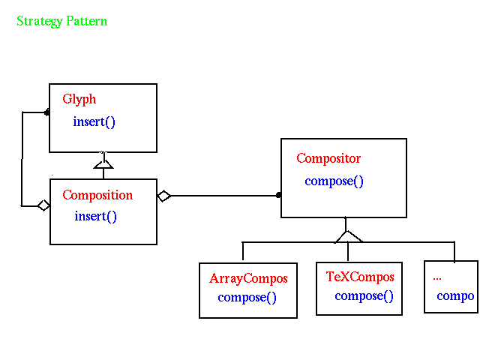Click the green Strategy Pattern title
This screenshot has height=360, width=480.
tap(61, 22)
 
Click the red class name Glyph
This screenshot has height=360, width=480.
tap(79, 100)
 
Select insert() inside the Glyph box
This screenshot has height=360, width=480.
tap(94, 121)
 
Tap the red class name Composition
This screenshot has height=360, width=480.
tap(97, 195)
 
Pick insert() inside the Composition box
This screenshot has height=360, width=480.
tap(95, 217)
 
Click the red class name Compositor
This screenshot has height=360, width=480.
tap(328, 158)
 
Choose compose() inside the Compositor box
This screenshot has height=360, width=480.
tap(334, 181)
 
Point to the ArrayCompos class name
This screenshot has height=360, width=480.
tap(248, 278)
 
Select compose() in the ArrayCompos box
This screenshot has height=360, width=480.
tap(247, 298)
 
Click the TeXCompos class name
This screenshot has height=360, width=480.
tap(360, 277)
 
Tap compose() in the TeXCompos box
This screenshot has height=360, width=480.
tap(364, 296)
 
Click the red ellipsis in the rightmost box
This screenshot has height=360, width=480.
tap(437, 278)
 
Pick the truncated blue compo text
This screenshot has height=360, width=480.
tap(455, 296)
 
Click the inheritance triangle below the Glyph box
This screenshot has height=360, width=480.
tap(103, 164)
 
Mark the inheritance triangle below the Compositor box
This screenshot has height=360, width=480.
tap(348, 237)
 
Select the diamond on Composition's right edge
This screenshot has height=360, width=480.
tap(164, 196)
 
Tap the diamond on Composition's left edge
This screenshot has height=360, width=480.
tap(43, 205)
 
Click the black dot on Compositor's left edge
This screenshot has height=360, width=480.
tap(278, 195)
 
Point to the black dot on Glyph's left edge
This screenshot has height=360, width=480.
tap(46, 112)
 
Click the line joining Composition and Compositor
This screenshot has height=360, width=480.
tap(223, 196)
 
